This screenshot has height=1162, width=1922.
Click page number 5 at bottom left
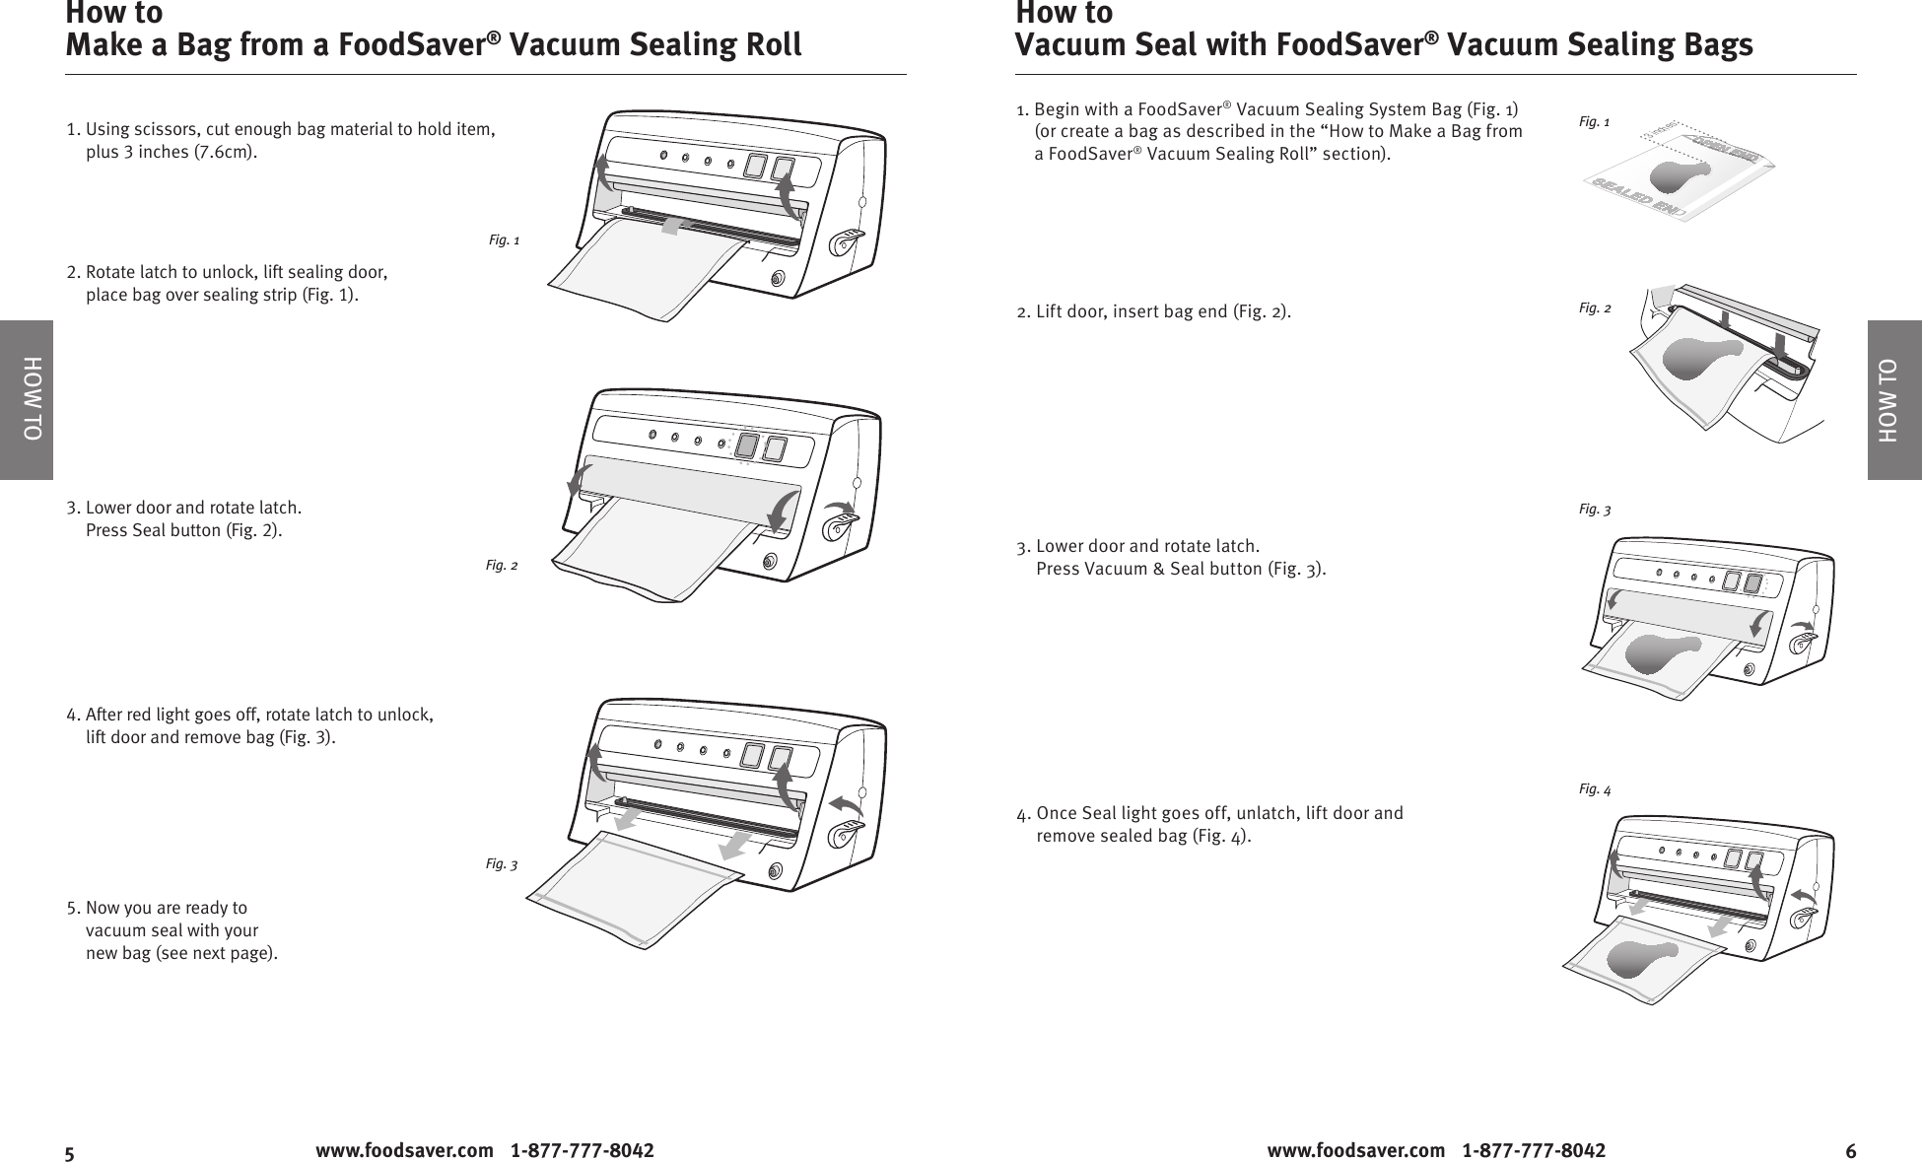point(70,1152)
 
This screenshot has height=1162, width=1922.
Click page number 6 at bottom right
point(1850,1151)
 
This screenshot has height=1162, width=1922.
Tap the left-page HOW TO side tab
point(27,399)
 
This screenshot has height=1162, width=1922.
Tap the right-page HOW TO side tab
point(1893,399)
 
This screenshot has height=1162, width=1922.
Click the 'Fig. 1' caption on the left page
point(504,240)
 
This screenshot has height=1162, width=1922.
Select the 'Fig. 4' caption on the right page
point(1595,789)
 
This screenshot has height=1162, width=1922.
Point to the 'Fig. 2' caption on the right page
point(1595,308)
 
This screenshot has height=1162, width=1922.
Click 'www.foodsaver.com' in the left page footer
point(404,1150)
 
